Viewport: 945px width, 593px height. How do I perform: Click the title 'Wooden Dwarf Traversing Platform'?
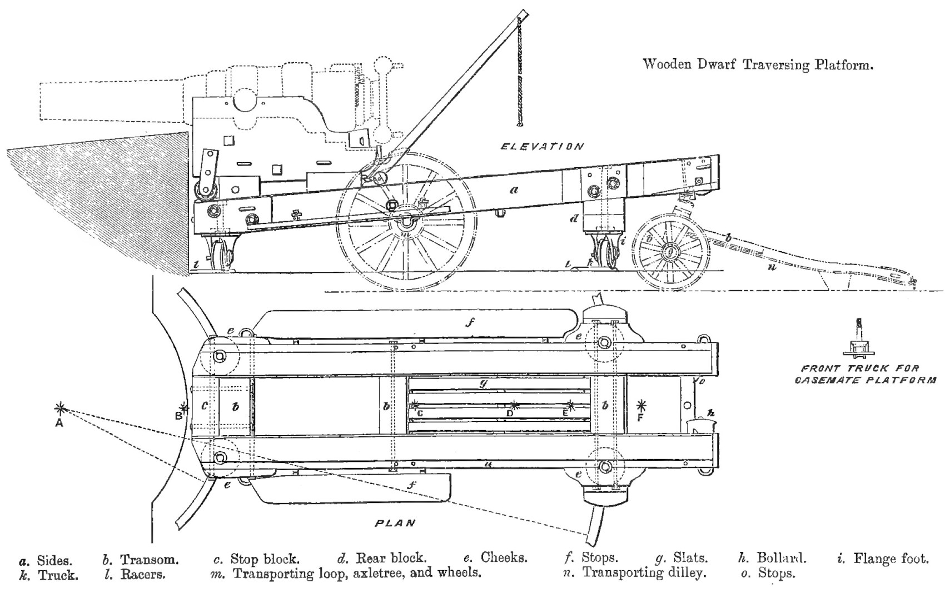758,64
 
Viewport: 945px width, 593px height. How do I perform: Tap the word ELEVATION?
543,147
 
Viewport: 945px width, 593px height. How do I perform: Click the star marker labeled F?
642,405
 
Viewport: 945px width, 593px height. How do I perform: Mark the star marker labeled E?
570,405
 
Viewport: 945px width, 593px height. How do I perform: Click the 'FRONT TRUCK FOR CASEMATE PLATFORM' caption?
865,374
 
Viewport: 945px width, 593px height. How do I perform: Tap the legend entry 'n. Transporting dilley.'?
634,573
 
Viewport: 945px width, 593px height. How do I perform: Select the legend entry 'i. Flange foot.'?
883,558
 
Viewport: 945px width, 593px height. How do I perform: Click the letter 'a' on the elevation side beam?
514,190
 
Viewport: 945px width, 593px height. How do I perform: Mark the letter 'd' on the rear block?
574,218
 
